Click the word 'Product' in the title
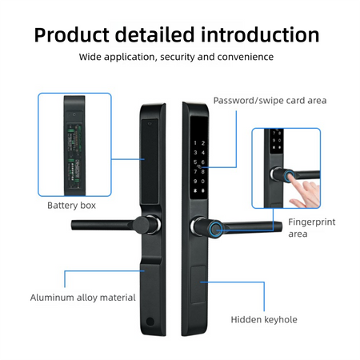coord(72,35)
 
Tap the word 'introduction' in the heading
coord(260,34)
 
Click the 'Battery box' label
coord(71,206)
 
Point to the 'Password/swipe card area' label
coord(270,101)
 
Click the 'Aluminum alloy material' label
coord(82,298)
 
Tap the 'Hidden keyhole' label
coord(264,319)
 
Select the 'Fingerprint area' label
coord(311,228)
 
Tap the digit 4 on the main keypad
coord(203,153)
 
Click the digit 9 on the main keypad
coord(195,182)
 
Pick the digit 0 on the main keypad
coord(203,182)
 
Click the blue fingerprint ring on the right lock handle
coord(215,230)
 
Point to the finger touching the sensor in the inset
coord(296,182)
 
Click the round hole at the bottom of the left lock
coord(150,321)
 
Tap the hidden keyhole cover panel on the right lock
coord(198,284)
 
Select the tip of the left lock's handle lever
coord(73,225)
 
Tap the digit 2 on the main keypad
coord(203,143)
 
